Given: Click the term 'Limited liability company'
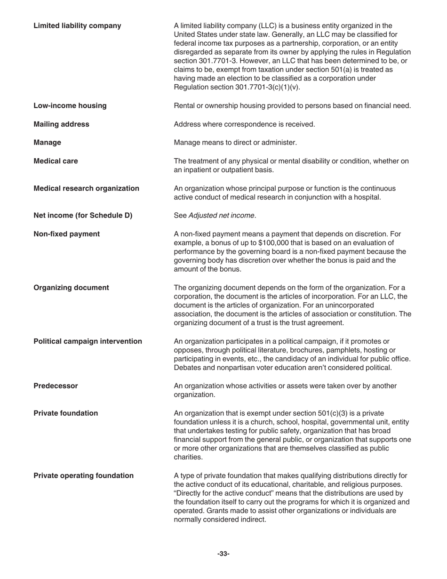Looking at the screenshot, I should pyautogui.click(x=77, y=26).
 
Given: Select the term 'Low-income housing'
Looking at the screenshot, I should pyautogui.click(x=70, y=106).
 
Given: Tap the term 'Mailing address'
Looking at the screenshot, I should pyautogui.click(x=61, y=124).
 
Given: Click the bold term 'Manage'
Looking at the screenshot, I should pyautogui.click(x=47, y=142).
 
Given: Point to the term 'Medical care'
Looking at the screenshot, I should pyautogui.click(x=56, y=161).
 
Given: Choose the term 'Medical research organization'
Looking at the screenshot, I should pyautogui.click(x=86, y=188).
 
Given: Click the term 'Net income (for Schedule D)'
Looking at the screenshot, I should pyautogui.click(x=83, y=216).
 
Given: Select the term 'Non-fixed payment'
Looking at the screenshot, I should pyautogui.click(x=66, y=234).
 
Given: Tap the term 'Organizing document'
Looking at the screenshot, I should pyautogui.click(x=71, y=288).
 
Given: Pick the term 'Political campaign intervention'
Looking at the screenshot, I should pyautogui.click(x=88, y=341).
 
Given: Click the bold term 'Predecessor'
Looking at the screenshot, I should pyautogui.click(x=56, y=386).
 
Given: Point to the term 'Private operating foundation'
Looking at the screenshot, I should pyautogui.click(x=83, y=475).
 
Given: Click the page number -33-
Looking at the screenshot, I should pyautogui.click(x=223, y=554).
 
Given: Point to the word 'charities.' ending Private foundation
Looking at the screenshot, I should pyautogui.click(x=188, y=457).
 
